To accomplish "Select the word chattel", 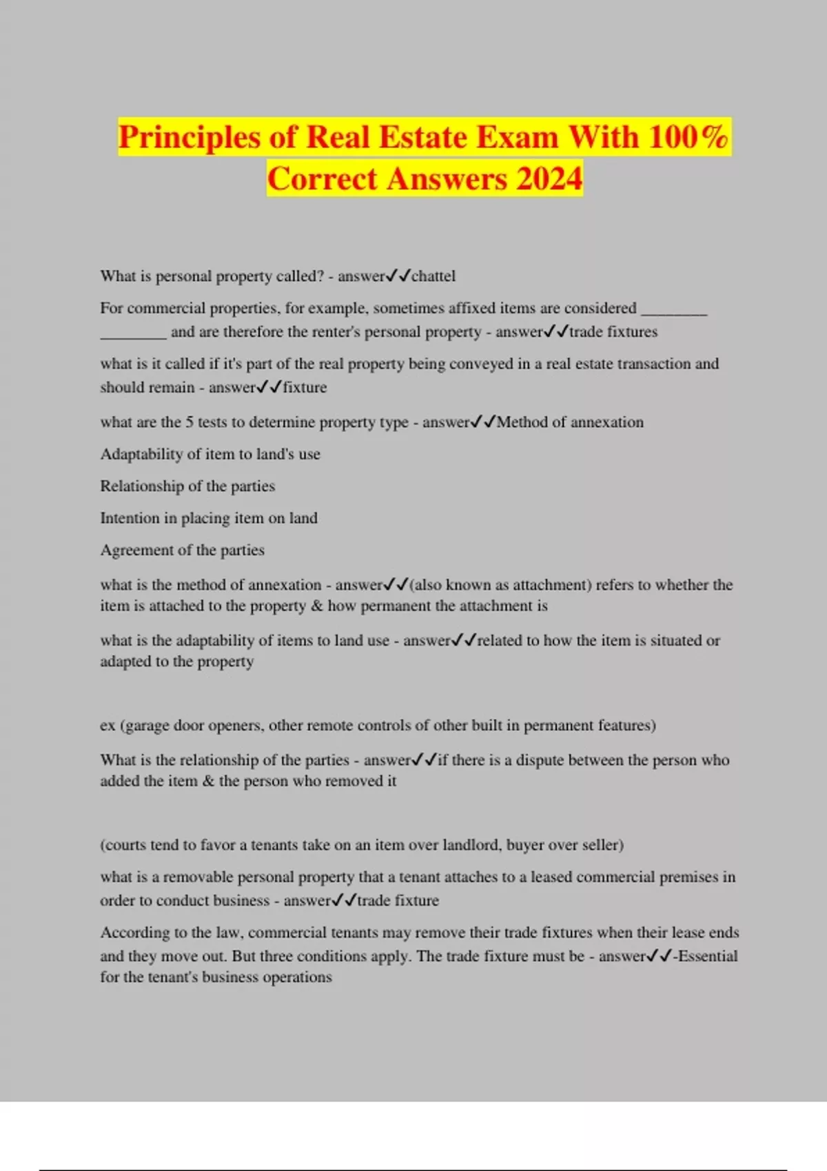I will point(433,276).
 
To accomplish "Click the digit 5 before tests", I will point(189,422).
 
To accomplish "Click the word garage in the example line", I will point(147,725).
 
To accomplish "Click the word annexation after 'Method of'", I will point(606,422).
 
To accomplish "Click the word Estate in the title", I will point(423,137).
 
